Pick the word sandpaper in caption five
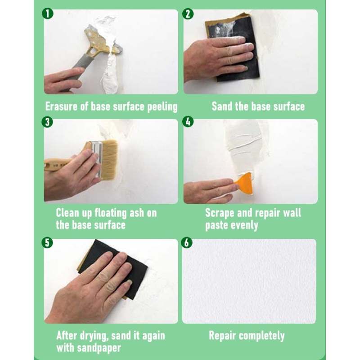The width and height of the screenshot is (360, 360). click(x=98, y=348)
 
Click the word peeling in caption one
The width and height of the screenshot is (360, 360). click(x=162, y=107)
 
